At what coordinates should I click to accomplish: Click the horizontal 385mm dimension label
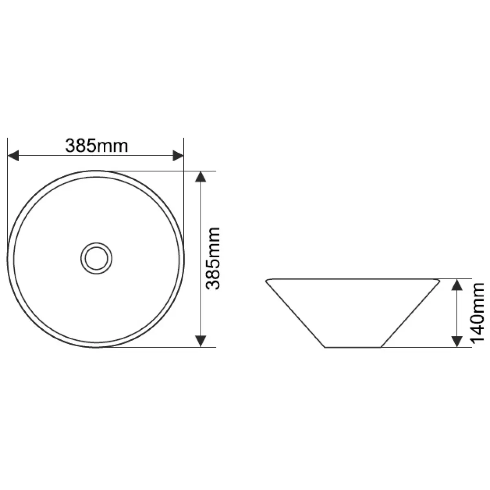96,146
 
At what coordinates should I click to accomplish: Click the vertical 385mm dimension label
213,258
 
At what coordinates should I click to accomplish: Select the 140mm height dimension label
477,313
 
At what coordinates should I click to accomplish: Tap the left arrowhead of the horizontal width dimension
13,156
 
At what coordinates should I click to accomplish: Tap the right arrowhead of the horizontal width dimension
178,156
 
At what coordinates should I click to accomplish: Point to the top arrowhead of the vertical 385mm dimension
200,176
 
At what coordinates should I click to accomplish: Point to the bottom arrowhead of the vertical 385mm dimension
200,341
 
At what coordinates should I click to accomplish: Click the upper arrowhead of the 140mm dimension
457,285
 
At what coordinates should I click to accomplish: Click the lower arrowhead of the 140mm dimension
457,341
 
